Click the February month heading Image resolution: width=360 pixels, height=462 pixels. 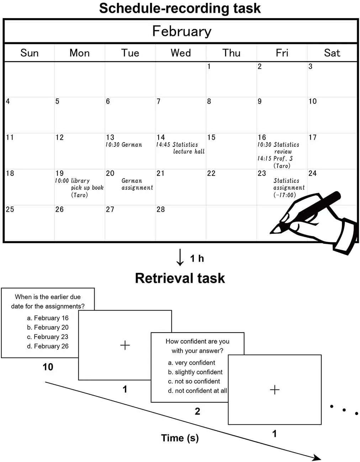[x=182, y=31]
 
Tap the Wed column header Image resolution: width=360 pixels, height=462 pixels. [x=181, y=53]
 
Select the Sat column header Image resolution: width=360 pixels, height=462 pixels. [x=332, y=53]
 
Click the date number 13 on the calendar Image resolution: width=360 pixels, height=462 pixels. [x=110, y=137]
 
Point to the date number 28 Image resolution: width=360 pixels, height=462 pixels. [x=161, y=209]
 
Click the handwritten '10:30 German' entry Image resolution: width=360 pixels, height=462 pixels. [x=124, y=145]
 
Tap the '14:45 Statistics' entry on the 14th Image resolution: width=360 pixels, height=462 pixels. [x=177, y=145]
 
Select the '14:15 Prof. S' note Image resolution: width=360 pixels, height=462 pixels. [x=275, y=159]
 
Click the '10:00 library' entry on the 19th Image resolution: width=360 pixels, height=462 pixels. [x=72, y=181]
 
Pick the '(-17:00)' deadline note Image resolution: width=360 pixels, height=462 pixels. [x=285, y=195]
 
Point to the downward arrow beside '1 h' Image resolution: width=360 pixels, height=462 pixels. [x=180, y=257]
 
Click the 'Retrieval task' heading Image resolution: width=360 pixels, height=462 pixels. [x=180, y=278]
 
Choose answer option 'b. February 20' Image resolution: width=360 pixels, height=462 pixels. [x=48, y=327]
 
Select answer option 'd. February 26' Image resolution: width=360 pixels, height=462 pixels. [x=48, y=346]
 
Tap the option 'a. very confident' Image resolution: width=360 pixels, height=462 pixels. [x=191, y=362]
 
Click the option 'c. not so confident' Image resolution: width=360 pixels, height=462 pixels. [x=194, y=381]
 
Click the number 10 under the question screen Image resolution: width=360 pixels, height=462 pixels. [x=48, y=367]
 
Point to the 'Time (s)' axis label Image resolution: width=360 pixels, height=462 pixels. [x=180, y=438]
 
